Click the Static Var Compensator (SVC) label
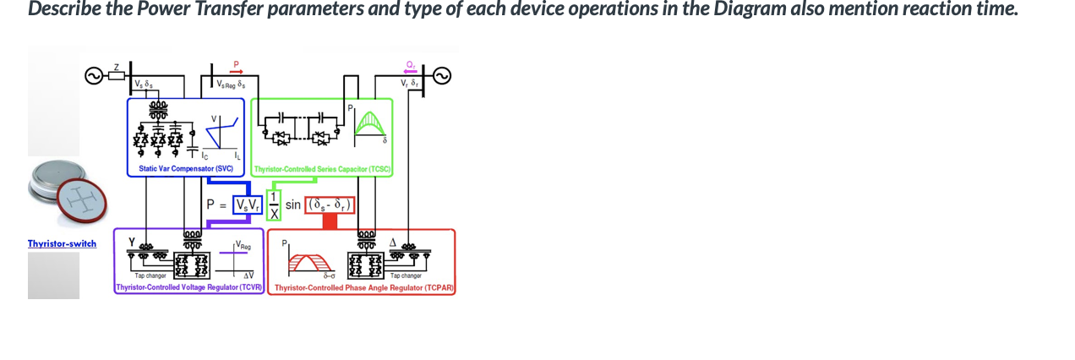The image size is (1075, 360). coord(179,169)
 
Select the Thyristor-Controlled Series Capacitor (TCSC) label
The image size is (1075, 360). coord(322,170)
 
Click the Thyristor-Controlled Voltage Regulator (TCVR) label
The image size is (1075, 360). coord(190,288)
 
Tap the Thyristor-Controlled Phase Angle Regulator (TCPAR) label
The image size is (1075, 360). coord(364,288)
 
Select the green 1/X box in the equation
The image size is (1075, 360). coord(273,205)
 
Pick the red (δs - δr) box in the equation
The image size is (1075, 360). coord(330,205)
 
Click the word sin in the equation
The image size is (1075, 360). coord(293,205)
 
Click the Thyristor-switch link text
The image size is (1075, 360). coord(62,243)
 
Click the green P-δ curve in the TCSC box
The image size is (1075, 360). coord(368,124)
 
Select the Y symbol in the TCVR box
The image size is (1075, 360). coord(131,242)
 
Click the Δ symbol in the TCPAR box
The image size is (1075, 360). coord(393,242)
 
